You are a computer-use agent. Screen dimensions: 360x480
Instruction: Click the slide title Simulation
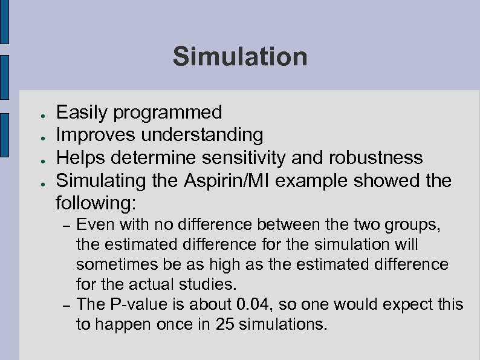(240, 57)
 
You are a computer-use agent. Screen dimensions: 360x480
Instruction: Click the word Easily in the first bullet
(82, 112)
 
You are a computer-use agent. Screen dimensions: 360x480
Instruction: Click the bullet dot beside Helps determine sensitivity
(37, 159)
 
